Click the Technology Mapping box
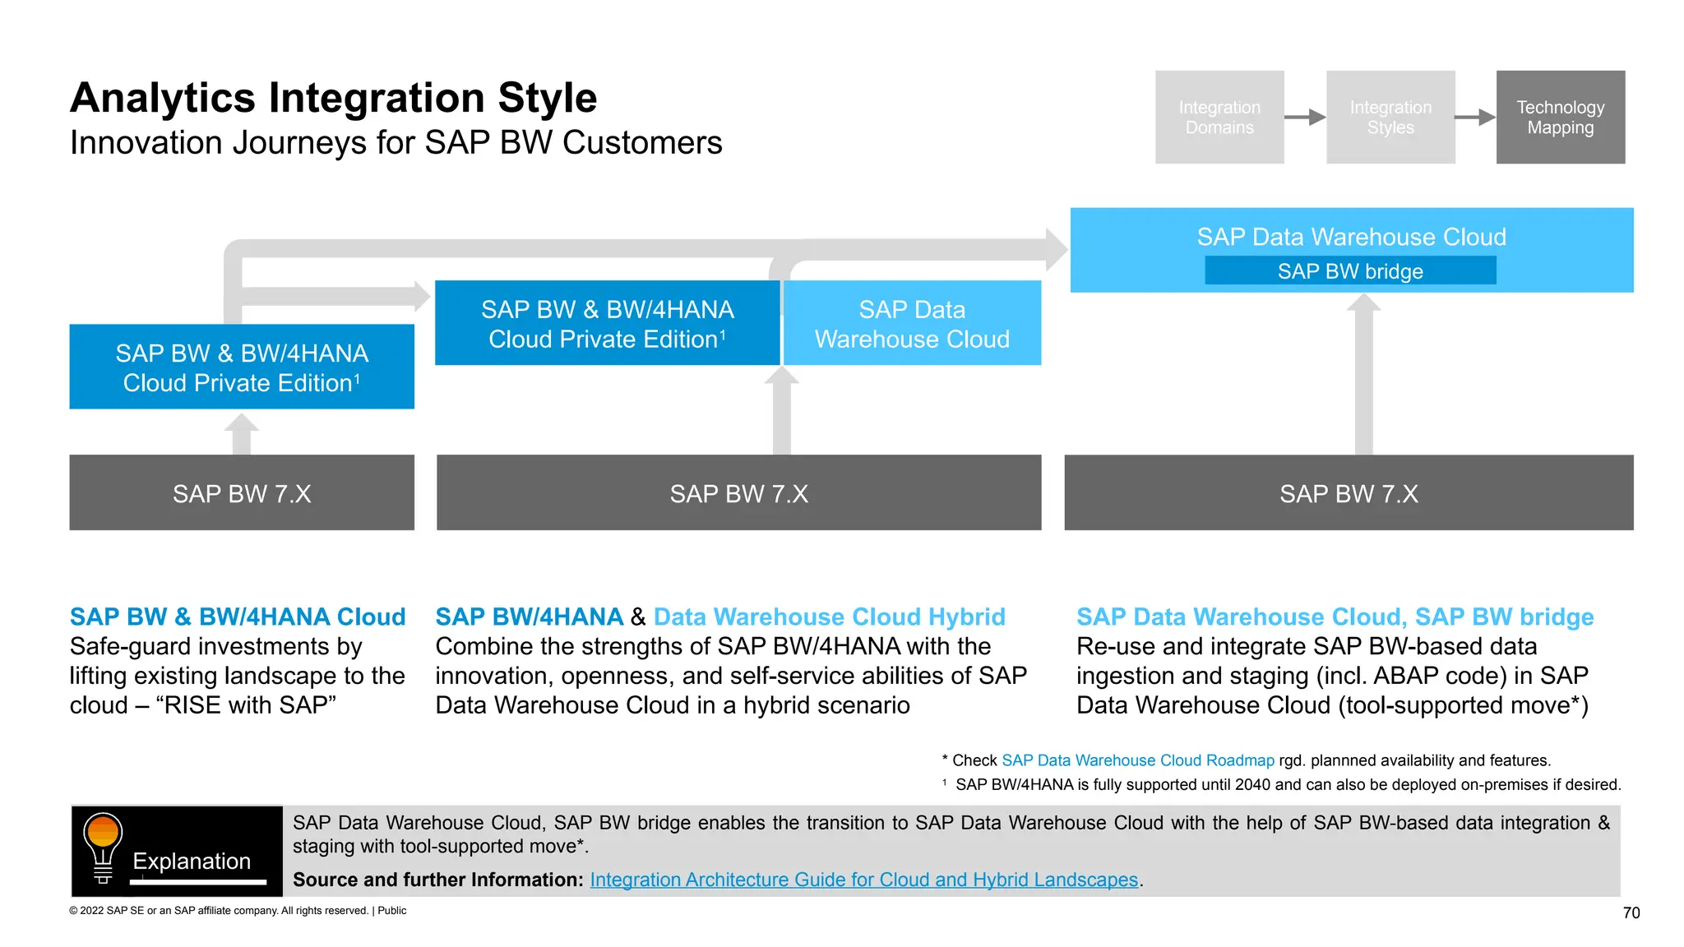1560,117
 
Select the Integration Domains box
1219,117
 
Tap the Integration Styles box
1390,117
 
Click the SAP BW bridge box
1349,270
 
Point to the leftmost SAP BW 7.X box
242,492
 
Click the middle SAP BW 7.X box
738,492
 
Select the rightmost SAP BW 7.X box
1349,492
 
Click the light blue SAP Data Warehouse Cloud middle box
912,323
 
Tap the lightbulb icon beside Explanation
103,848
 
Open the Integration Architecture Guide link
863,880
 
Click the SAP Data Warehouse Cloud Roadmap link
1137,760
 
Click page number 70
1631,912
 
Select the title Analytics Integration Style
333,98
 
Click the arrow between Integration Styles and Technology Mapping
1475,117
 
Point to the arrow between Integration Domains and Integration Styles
1305,117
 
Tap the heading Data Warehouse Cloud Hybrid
829,617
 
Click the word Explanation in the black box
192,861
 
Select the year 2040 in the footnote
1252,784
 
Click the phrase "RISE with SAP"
250,705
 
